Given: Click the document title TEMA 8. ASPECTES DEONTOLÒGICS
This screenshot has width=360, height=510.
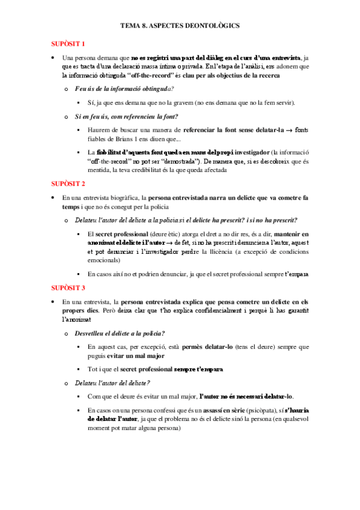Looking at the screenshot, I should [180, 26].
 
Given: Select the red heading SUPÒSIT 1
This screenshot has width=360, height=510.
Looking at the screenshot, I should [67, 44].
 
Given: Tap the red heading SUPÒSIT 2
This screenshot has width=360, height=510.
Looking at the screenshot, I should [67, 183].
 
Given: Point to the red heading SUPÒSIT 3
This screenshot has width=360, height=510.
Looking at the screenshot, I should [67, 287].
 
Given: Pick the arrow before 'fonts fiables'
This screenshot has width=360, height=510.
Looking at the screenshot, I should [289, 129].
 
